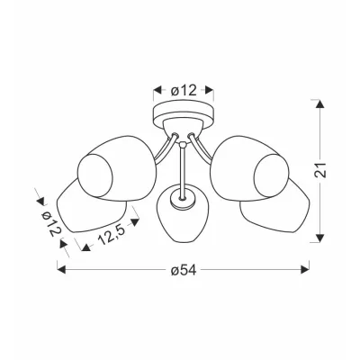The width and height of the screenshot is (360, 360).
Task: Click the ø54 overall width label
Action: pyautogui.click(x=184, y=270)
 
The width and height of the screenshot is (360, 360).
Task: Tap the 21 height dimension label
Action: pyautogui.click(x=321, y=170)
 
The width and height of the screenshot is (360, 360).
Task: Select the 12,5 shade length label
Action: pyautogui.click(x=111, y=235)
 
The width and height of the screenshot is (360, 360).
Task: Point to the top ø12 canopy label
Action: pyautogui.click(x=184, y=90)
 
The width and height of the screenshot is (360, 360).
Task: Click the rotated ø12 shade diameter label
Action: pyautogui.click(x=51, y=222)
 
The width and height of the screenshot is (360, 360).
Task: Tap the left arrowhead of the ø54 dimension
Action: pyautogui.click(x=61, y=269)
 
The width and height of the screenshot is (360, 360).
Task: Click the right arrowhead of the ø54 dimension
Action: pyautogui.click(x=305, y=269)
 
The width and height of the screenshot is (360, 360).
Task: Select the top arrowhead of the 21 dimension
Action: pyautogui.click(x=320, y=103)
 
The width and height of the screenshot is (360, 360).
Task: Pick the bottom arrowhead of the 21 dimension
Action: pyautogui.click(x=320, y=238)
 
